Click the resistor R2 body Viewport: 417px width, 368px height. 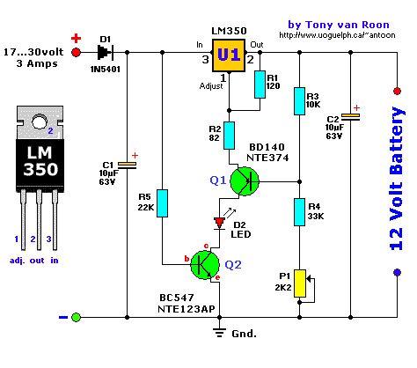pos(230,136)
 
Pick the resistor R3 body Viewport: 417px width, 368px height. pos(300,101)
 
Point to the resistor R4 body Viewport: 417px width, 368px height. pos(300,212)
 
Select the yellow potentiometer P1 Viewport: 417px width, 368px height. pos(300,283)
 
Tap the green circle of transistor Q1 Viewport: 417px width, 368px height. pos(245,181)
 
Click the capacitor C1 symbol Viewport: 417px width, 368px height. pos(129,164)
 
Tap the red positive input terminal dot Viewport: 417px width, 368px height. pos(76,52)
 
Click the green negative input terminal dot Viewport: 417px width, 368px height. pos(76,317)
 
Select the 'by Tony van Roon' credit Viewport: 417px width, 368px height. pos(334,26)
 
